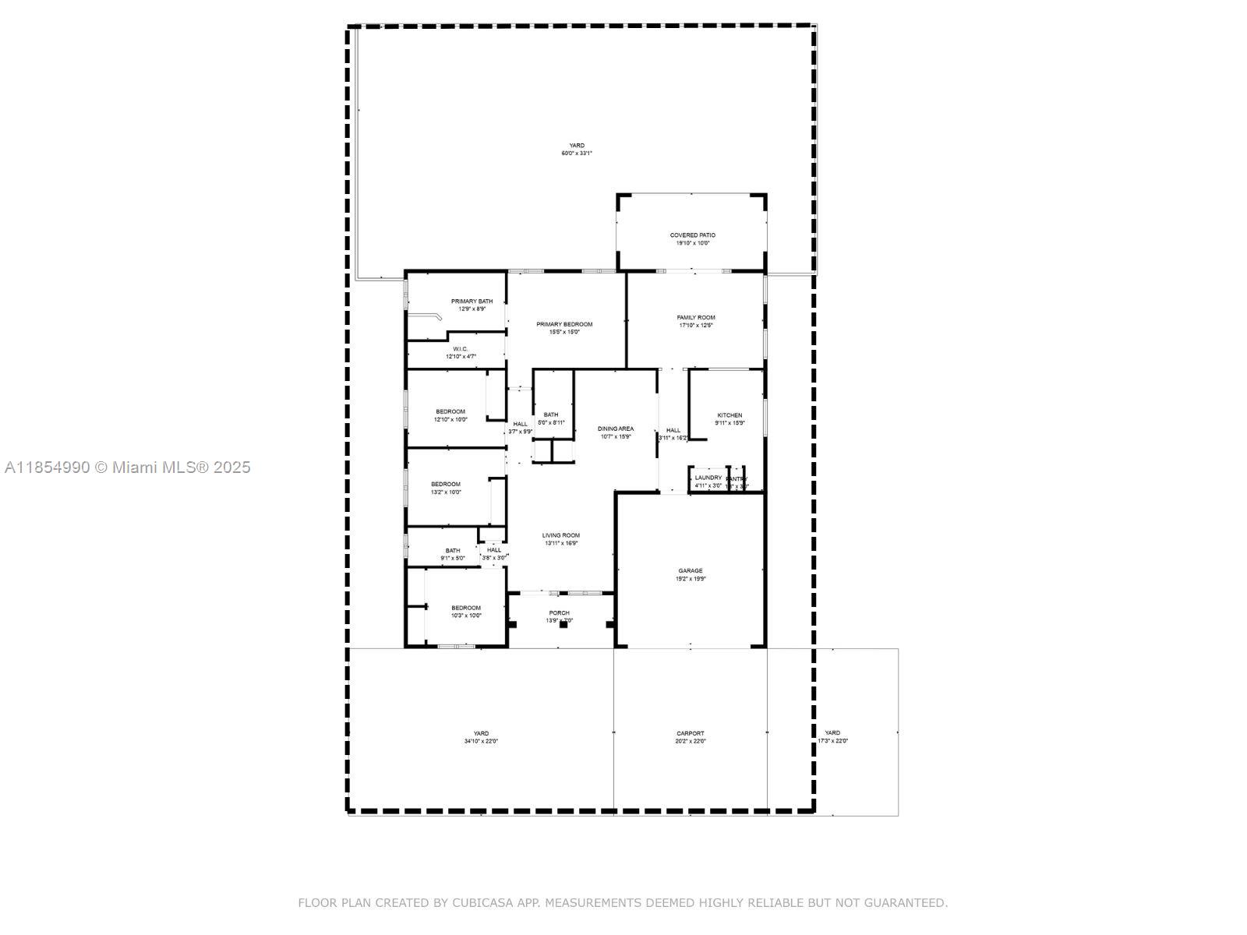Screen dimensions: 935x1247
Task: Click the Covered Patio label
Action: [x=692, y=235]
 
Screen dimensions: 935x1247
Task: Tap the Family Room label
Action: [x=695, y=317]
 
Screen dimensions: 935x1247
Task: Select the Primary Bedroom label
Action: [x=564, y=324]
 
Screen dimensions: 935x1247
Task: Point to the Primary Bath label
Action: [x=472, y=302]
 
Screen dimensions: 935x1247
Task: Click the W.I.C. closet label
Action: [x=460, y=349]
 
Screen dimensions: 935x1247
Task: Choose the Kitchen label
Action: [x=729, y=415]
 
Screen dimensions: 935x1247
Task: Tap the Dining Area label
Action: [x=615, y=429]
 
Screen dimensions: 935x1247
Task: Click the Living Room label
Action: [x=561, y=535]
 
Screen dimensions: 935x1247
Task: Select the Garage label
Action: [x=690, y=571]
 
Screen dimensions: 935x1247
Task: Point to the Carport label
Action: [x=690, y=733]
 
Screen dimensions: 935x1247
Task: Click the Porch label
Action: [x=559, y=613]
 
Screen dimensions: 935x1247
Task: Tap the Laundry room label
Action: [x=708, y=478]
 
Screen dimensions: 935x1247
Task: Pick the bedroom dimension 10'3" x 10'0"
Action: [x=466, y=616]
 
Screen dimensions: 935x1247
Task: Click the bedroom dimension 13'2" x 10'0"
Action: [x=446, y=492]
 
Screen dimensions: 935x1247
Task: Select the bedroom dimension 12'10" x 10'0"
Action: [x=450, y=419]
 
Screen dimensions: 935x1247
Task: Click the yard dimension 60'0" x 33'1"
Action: [x=577, y=153]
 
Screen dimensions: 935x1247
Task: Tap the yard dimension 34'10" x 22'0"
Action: [x=481, y=741]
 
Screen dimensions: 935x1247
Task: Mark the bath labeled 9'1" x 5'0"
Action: [x=453, y=558]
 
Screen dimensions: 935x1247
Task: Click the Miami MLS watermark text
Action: [x=127, y=467]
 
